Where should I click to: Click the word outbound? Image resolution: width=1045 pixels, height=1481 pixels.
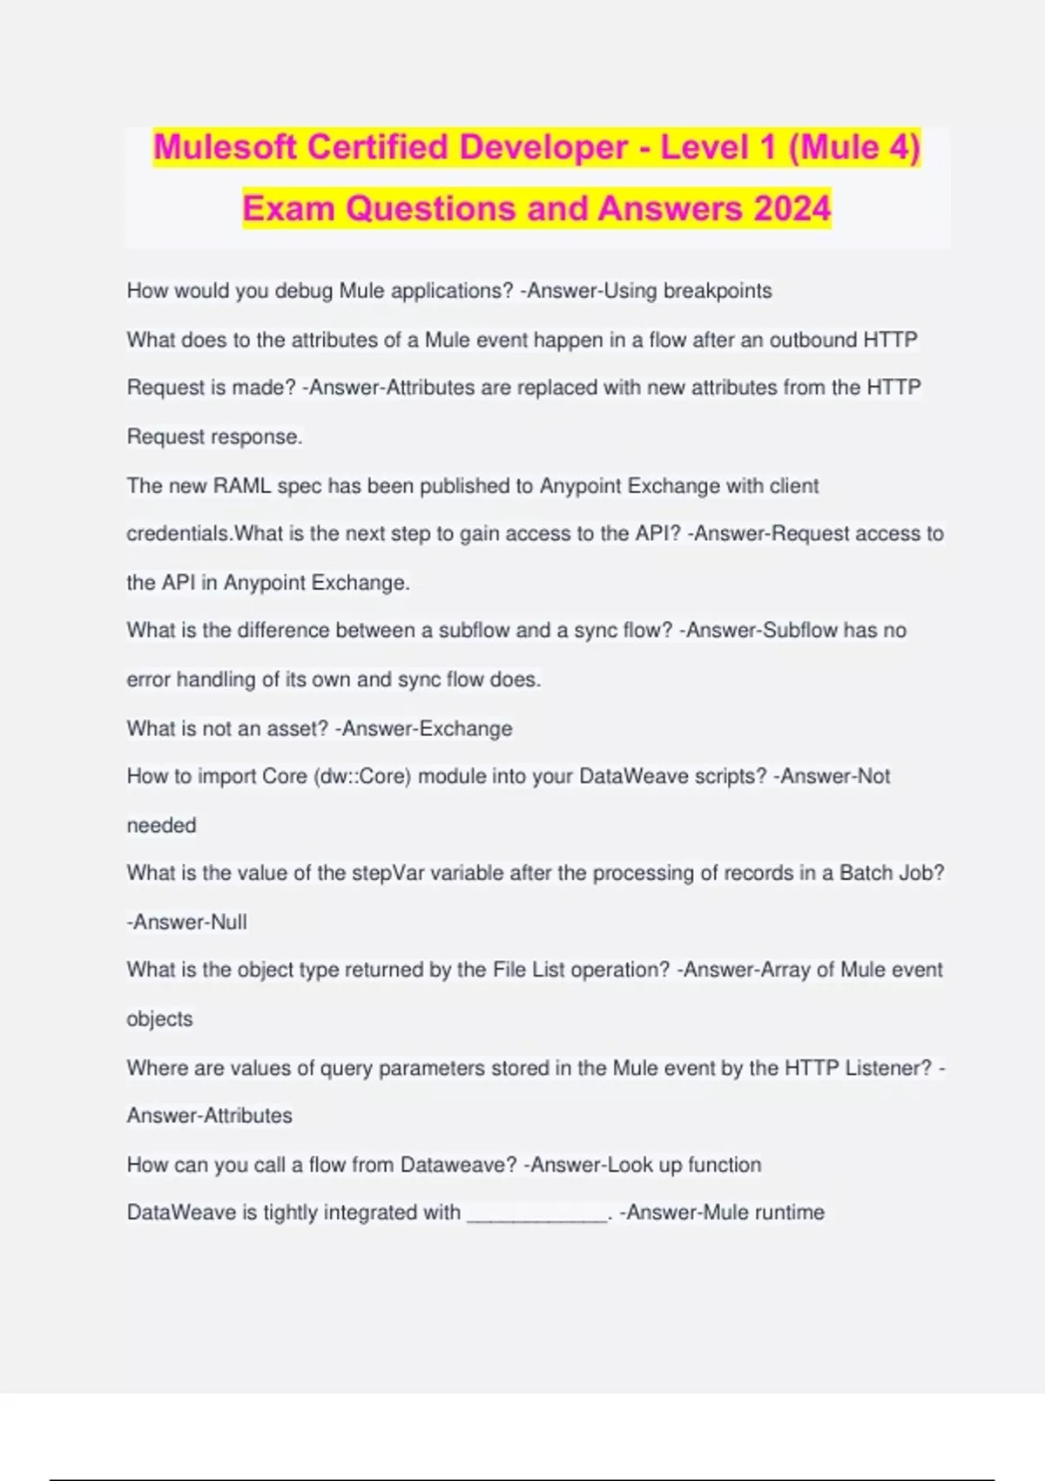813,340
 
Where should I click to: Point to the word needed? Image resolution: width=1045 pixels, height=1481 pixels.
161,825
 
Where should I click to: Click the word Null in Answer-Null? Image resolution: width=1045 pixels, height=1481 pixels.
229,922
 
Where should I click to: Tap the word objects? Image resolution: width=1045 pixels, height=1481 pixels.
159,1018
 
